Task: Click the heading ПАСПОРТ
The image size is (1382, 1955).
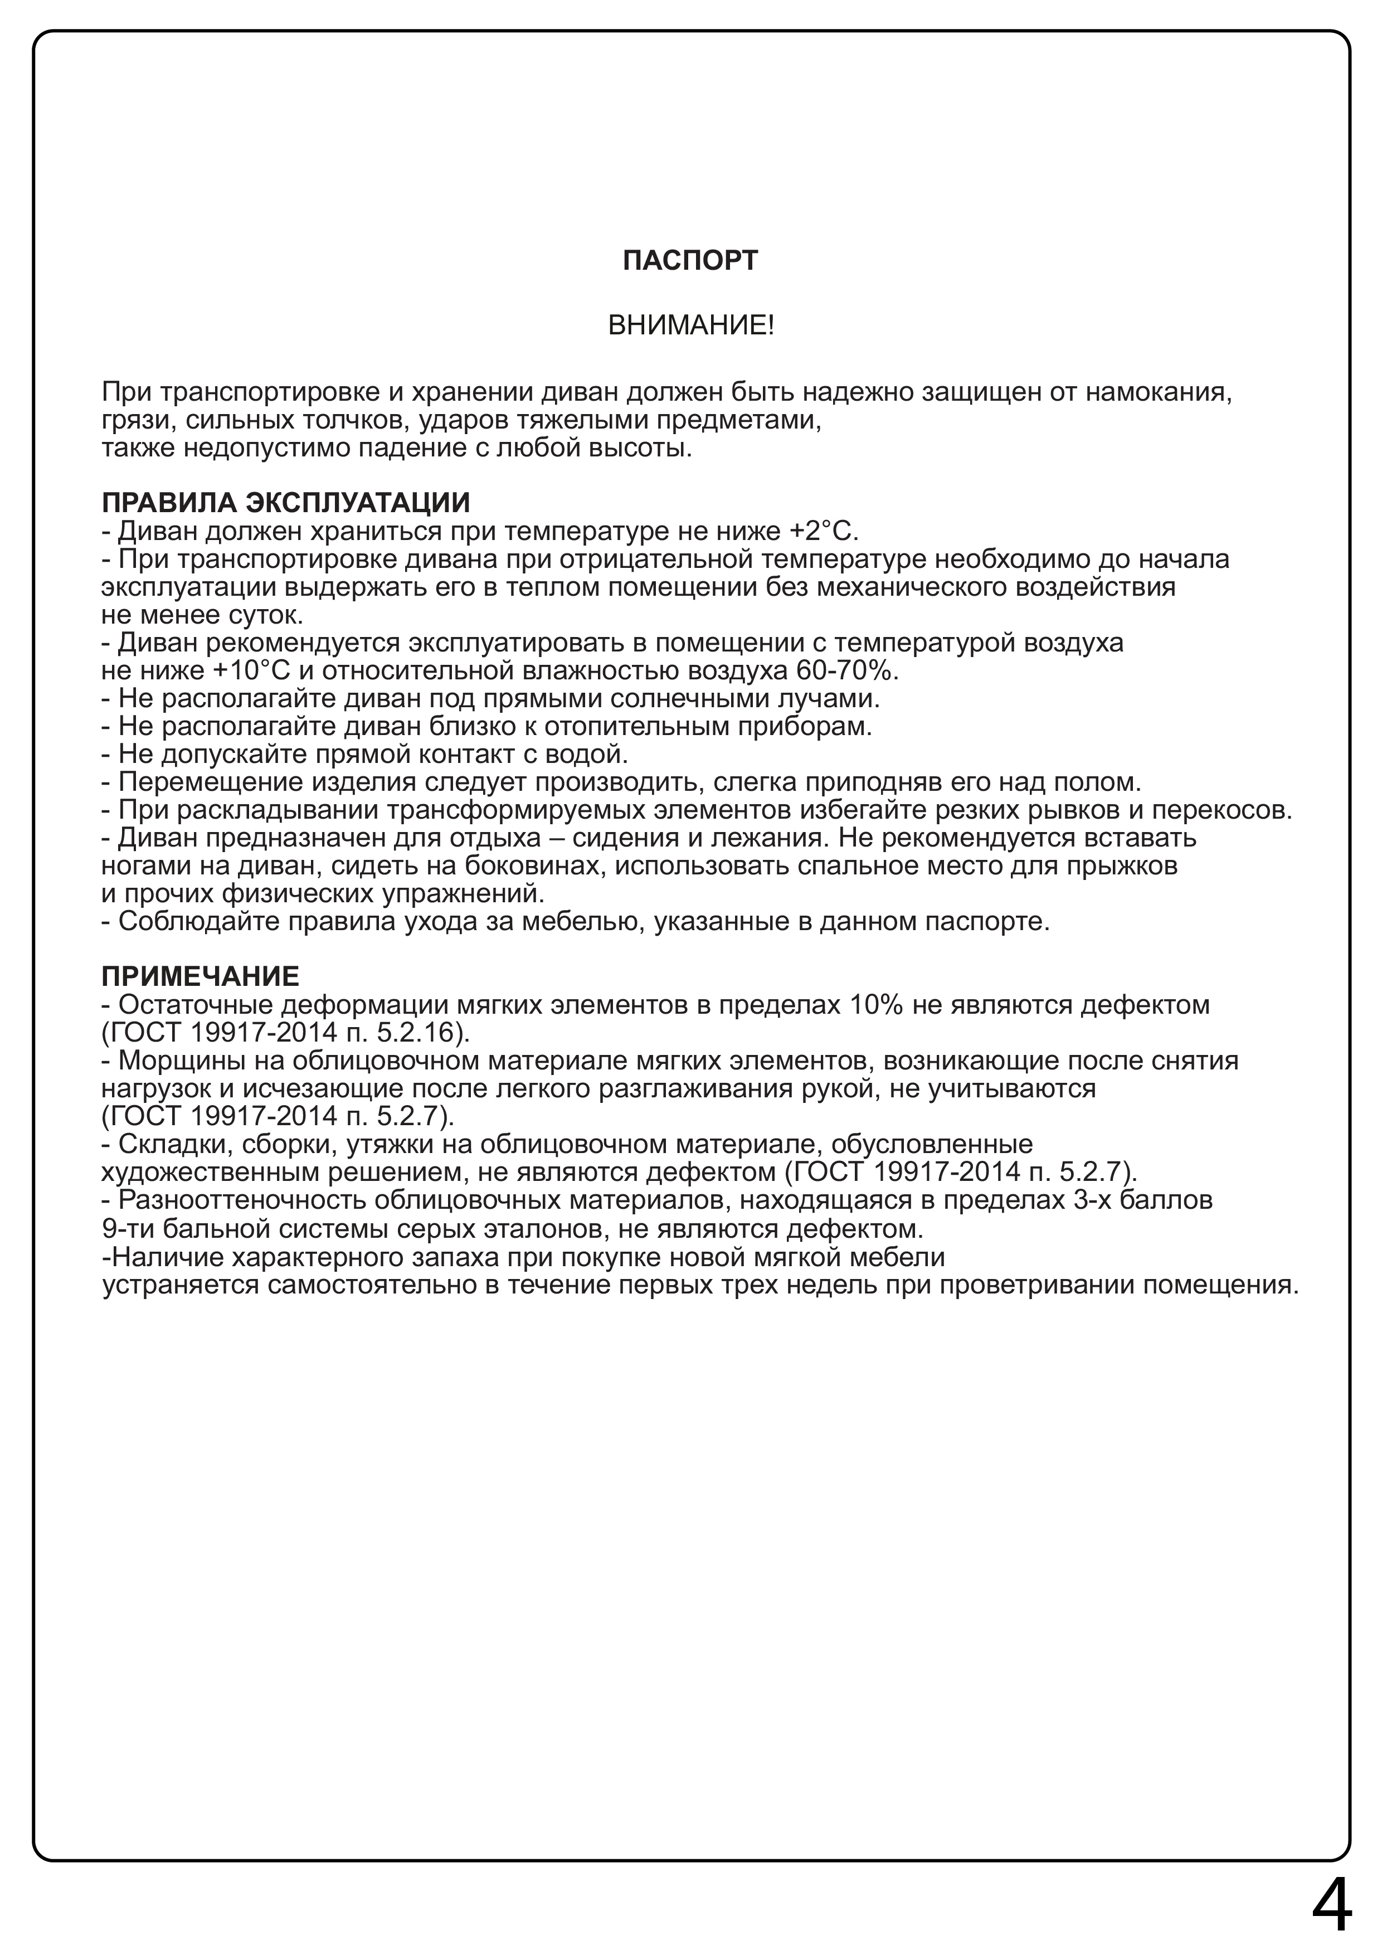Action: click(690, 261)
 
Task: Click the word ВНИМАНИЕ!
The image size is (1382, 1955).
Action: click(690, 325)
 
